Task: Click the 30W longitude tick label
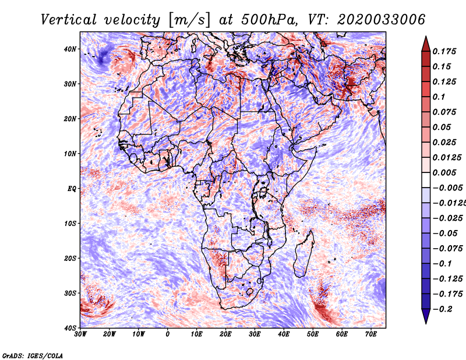click(x=80, y=334)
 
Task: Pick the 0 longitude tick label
click(x=168, y=334)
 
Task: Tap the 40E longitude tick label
click(x=284, y=334)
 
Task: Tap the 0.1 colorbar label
click(x=439, y=96)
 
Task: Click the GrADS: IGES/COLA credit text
click(x=32, y=355)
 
